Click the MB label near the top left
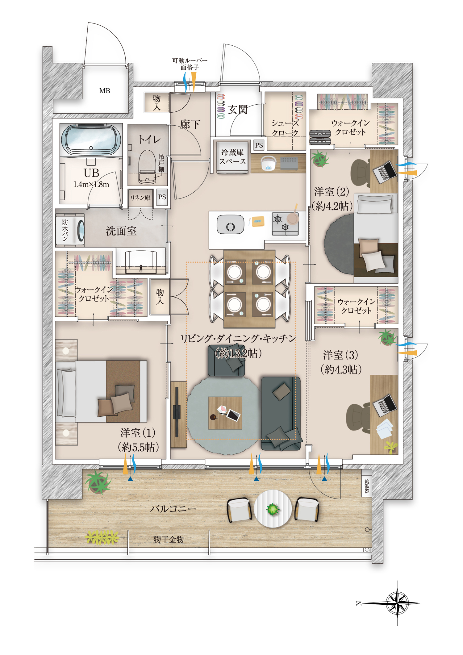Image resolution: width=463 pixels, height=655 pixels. (x=105, y=91)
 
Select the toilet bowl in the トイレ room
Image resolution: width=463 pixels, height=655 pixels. (x=147, y=167)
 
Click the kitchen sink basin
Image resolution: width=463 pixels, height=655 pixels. (x=230, y=224)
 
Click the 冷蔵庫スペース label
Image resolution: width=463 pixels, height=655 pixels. (x=233, y=157)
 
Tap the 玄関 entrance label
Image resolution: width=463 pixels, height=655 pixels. (x=238, y=110)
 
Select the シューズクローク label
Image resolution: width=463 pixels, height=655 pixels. (x=285, y=128)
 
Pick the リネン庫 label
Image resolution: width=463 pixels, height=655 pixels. (x=140, y=198)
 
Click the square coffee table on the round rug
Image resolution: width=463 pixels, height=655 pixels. (x=225, y=413)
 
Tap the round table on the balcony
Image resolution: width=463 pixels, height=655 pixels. (x=273, y=509)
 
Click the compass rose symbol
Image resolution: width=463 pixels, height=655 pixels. (x=397, y=603)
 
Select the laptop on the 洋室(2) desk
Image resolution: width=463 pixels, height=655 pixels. (x=385, y=172)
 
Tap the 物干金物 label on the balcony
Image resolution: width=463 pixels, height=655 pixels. (x=169, y=539)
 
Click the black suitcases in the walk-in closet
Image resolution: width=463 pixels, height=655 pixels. (x=320, y=137)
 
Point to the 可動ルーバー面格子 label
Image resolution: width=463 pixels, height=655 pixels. (x=190, y=64)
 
